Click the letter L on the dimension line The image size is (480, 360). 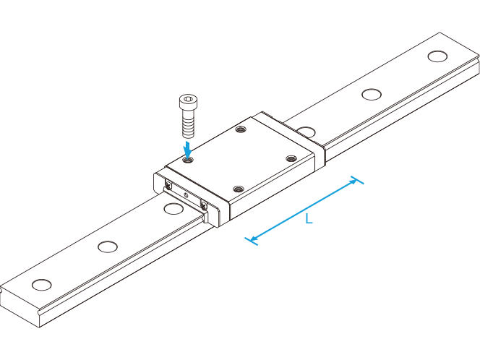(309, 219)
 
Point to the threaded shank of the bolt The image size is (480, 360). (188, 124)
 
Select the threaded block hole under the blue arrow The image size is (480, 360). (188, 160)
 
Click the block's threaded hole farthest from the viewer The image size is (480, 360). (241, 129)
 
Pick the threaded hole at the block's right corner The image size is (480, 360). (291, 158)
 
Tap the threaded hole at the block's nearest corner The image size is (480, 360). (239, 189)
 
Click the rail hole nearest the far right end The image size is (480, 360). (437, 56)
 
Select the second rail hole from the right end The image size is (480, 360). (372, 94)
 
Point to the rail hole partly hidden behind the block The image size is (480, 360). (307, 132)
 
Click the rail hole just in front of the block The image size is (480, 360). (173, 209)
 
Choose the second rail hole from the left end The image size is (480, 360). (108, 247)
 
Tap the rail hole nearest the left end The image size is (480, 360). (42, 285)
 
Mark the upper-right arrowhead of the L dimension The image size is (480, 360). (353, 181)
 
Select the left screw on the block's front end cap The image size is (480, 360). (168, 184)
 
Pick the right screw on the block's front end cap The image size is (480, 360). (204, 204)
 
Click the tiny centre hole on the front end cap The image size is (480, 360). (186, 194)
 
